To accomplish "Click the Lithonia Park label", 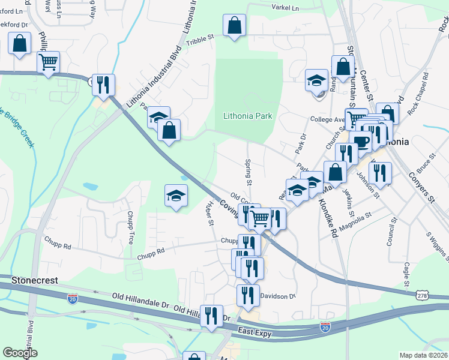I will point(248,116).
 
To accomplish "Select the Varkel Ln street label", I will point(285,8).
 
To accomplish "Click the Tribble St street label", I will point(200,38).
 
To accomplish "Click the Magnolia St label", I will point(356,216).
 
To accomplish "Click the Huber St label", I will point(210,214).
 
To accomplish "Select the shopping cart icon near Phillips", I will point(48,61).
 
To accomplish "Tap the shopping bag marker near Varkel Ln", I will point(234,25).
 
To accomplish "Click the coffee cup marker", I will point(361,142).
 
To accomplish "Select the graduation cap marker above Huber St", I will point(175,196).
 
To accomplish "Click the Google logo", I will point(20,353).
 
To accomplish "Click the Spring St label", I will point(247,172).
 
